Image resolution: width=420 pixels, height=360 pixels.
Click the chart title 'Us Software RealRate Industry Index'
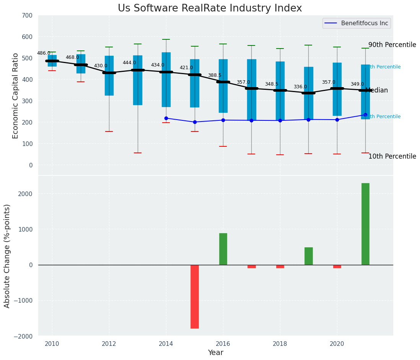click(210, 8)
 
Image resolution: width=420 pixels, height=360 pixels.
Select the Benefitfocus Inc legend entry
click(364, 23)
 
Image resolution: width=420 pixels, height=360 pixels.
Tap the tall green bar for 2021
click(365, 224)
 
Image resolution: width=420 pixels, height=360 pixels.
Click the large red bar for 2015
click(195, 297)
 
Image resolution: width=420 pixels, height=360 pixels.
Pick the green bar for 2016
click(223, 249)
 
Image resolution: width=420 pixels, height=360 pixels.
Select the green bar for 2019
click(308, 256)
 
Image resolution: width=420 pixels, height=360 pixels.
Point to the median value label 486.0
click(44, 53)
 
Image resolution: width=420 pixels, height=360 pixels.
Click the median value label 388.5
click(215, 75)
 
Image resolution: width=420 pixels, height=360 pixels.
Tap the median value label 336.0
click(300, 87)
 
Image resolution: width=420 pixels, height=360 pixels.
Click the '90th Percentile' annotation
click(392, 45)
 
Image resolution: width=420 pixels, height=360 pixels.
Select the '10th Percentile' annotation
click(392, 156)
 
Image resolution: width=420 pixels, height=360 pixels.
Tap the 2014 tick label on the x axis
click(166, 344)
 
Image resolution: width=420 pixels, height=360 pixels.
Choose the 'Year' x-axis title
click(215, 353)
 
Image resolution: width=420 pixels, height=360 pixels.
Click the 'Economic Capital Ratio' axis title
click(16, 96)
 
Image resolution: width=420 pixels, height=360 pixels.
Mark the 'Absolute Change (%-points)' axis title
click(7, 256)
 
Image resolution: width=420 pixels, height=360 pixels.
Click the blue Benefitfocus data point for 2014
click(166, 118)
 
